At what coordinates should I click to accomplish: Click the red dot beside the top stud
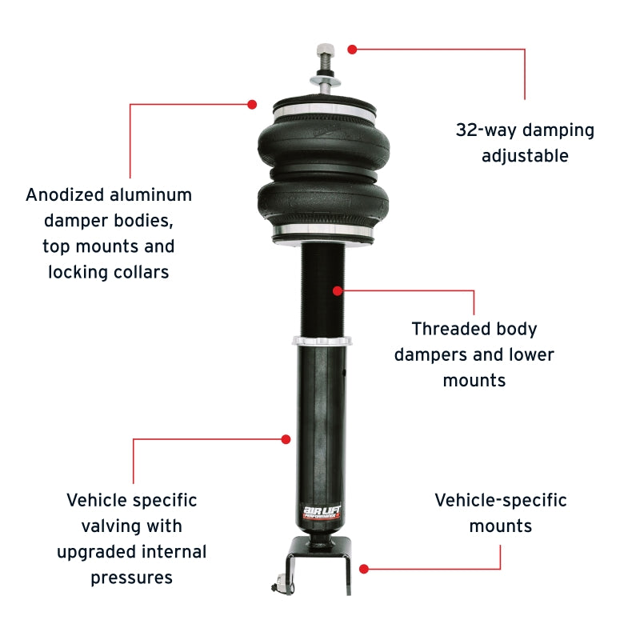(352, 49)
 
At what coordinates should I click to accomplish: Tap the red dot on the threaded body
(338, 290)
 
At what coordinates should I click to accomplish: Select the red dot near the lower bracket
(364, 569)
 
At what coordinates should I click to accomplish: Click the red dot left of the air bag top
(252, 104)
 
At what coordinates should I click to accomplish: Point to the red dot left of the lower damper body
(286, 438)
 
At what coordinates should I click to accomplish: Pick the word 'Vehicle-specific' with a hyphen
(501, 501)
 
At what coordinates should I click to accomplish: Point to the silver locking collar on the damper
(322, 342)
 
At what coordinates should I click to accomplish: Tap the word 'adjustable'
(525, 156)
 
